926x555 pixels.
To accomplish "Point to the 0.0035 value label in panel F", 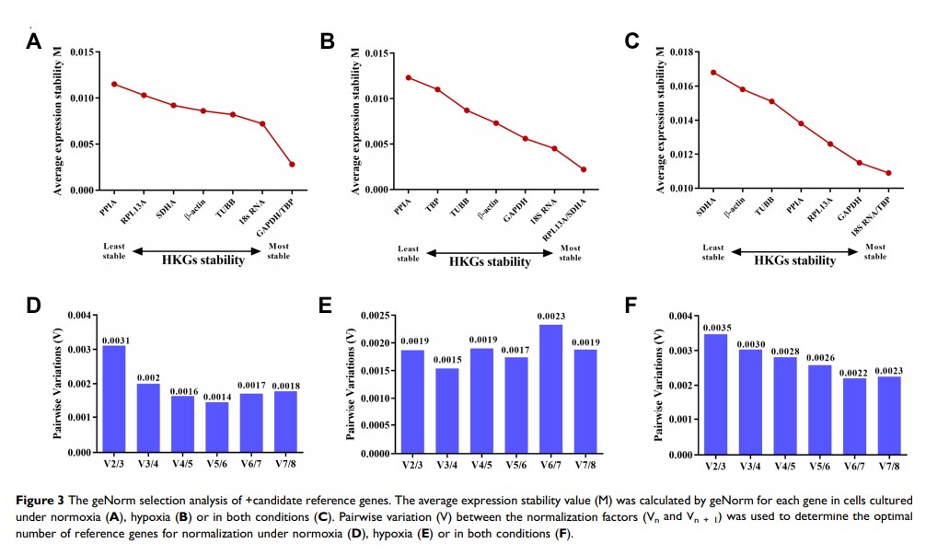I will (x=714, y=327).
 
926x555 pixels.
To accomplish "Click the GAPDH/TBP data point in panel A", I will (x=292, y=164).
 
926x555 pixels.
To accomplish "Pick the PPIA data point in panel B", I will (x=408, y=77).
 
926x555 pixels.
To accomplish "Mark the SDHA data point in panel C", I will (x=713, y=72).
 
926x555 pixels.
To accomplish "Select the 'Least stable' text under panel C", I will (x=713, y=251).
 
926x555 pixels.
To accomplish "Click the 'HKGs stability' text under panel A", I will (x=191, y=260).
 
